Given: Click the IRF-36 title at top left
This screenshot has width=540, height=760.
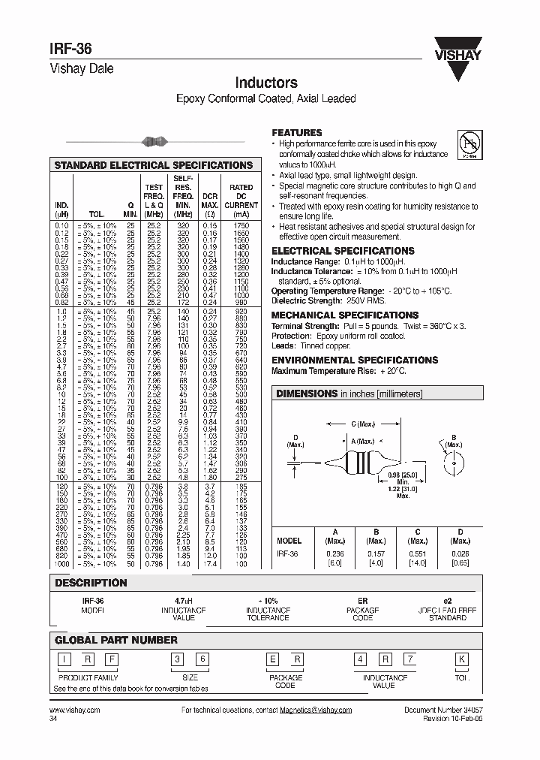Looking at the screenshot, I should (x=71, y=47).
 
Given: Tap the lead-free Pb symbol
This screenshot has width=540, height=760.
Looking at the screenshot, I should (x=469, y=142).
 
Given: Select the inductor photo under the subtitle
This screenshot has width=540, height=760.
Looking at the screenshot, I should (x=154, y=141).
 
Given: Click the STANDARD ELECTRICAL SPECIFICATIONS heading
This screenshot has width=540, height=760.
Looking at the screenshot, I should (x=154, y=165).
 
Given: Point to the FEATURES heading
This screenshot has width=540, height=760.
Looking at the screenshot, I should (x=296, y=132).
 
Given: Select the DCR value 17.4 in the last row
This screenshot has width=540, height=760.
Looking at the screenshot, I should (x=211, y=563).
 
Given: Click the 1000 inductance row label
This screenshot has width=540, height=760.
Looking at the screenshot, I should (x=61, y=563).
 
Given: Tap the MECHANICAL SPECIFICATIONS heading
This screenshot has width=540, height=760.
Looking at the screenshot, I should (x=344, y=315).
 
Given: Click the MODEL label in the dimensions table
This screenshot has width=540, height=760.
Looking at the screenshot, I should (x=289, y=541).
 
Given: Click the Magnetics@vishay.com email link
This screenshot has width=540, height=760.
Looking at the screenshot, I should (x=315, y=710).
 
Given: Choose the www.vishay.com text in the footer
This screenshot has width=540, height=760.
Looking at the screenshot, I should (x=75, y=710).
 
